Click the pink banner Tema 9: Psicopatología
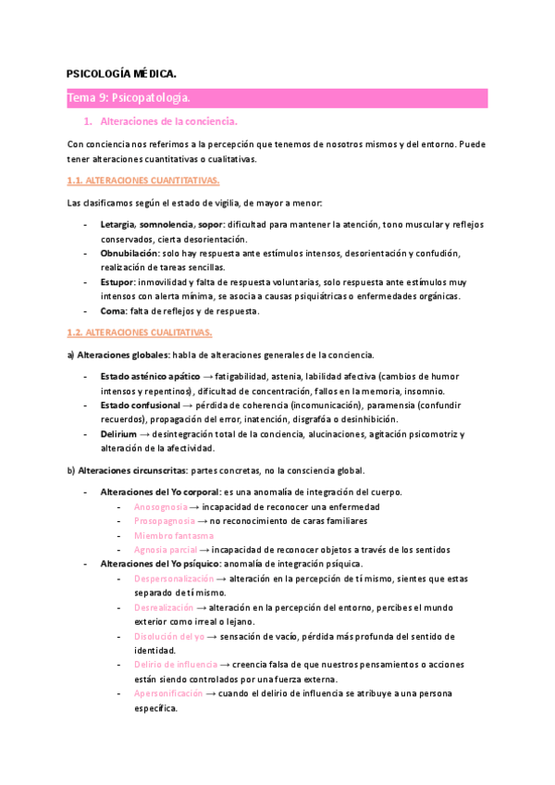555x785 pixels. [129, 97]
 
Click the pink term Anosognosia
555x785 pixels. [160, 506]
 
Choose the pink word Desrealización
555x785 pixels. [164, 607]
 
